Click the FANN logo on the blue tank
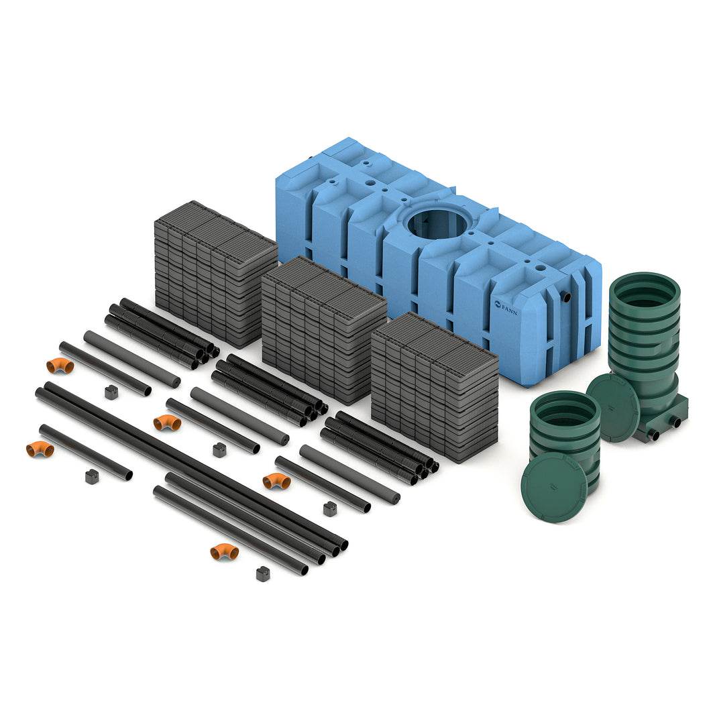click(506, 307)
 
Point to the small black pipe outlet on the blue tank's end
click(567, 297)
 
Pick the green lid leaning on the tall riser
click(612, 407)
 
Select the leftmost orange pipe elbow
click(40, 449)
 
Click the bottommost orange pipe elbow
click(224, 552)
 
